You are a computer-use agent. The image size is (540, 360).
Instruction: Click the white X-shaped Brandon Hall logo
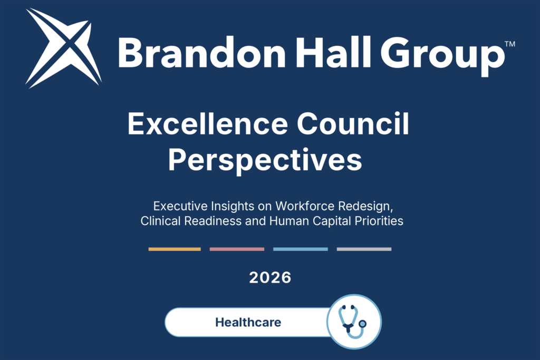pos(64,48)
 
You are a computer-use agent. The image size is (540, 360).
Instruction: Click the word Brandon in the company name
pos(202,53)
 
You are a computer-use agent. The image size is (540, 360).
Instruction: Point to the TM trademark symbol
pos(510,44)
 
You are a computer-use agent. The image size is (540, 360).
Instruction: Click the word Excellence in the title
pos(208,123)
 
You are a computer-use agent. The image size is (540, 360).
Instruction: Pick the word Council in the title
pos(353,123)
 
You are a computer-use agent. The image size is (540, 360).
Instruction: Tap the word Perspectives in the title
pos(265,161)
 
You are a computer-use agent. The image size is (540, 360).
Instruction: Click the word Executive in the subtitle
pos(180,206)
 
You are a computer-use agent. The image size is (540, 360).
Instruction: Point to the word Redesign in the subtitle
pos(365,207)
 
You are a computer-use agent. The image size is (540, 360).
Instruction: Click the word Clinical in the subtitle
pos(160,221)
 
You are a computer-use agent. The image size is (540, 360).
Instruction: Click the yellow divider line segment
pos(175,249)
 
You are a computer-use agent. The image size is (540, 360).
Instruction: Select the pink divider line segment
pos(237,249)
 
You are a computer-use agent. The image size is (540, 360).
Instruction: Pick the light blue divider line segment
pos(300,249)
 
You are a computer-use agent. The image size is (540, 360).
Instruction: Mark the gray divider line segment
pos(364,249)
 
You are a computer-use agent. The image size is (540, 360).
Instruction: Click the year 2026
pos(271,278)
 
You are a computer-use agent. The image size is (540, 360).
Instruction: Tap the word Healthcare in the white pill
pos(248,322)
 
